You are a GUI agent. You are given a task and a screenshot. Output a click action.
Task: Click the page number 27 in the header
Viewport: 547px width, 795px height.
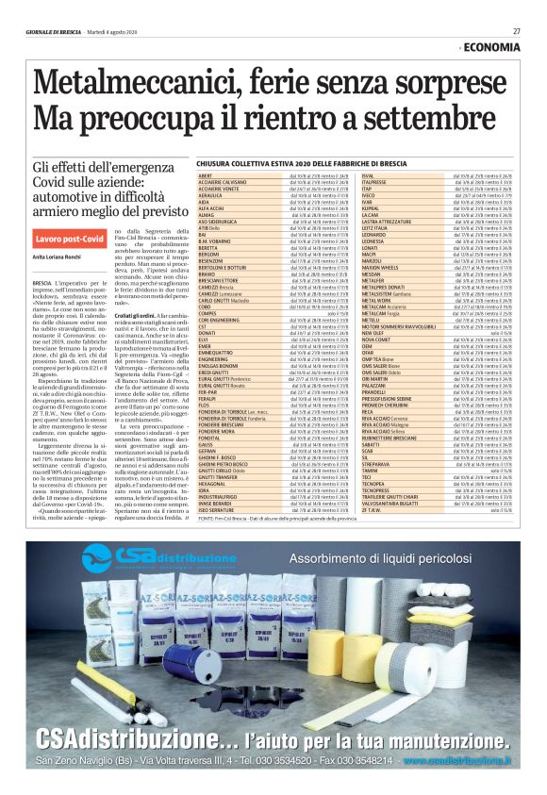pos(516,31)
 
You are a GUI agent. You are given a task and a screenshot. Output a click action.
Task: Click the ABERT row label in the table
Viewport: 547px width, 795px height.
pos(205,176)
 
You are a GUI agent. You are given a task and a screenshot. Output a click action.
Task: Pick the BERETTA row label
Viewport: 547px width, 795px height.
pos(208,221)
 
